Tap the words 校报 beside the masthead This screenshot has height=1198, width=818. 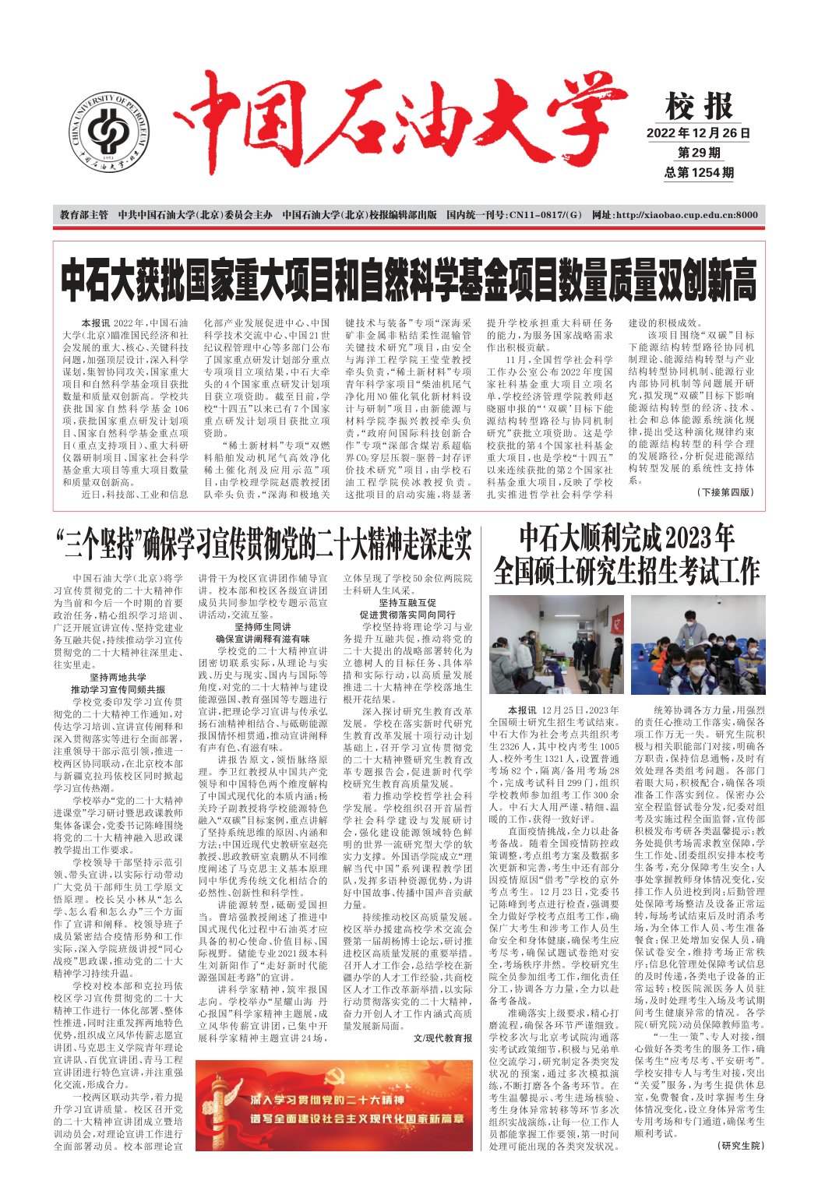pos(699,106)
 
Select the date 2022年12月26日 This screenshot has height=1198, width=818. pos(698,133)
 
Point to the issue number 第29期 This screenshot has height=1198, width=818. pos(699,153)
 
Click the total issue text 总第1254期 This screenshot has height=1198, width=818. pos(699,173)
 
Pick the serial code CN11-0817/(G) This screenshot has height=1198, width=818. pos(514,215)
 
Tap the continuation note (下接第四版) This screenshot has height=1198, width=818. pos(725,492)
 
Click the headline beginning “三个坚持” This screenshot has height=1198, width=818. pos(264,543)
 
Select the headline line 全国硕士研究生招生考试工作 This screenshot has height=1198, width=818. pos(626,571)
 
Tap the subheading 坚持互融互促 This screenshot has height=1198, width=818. pos(407,602)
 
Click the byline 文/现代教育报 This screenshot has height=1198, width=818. pos(442,1038)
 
